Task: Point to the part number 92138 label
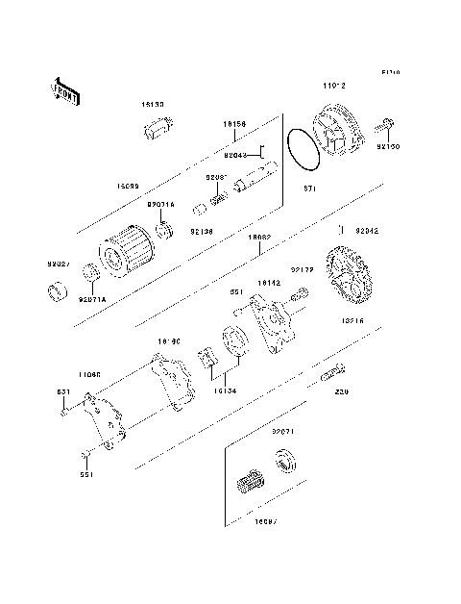tap(201, 231)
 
